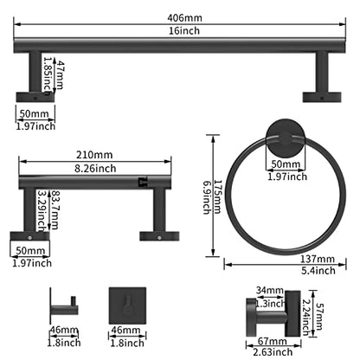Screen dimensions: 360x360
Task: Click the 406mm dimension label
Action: pos(184,18)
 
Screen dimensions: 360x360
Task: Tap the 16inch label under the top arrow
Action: pos(184,30)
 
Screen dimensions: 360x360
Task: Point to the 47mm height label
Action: pos(60,74)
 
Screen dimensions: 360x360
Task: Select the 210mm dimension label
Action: pos(94,155)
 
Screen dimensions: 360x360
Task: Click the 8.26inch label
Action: pos(95,168)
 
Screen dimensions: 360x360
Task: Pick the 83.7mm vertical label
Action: pos(55,209)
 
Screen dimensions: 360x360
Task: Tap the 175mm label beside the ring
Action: pos(217,197)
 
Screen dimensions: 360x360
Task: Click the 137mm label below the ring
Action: pos(318,259)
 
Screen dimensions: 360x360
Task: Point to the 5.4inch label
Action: pos(318,271)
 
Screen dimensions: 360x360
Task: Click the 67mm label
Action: pos(272,341)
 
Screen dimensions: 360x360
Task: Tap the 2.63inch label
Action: pos(273,352)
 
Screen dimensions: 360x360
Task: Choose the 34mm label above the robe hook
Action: pos(269,290)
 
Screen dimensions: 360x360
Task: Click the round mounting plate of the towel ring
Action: pos(286,138)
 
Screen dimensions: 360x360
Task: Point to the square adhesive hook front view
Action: pos(127,305)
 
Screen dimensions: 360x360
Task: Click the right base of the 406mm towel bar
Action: pos(322,97)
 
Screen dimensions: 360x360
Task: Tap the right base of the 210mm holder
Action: pos(159,236)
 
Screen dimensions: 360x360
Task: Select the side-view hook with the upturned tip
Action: pos(64,305)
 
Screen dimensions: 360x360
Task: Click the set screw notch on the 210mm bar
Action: pos(143,183)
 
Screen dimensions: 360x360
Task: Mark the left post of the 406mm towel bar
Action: pos(35,72)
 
